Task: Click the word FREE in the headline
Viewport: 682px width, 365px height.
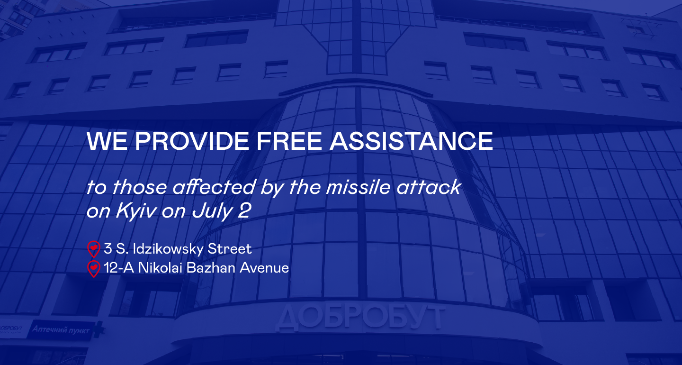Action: click(x=289, y=141)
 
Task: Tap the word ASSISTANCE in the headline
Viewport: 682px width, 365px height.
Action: click(x=411, y=141)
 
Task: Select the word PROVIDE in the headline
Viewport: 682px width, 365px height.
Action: click(x=192, y=141)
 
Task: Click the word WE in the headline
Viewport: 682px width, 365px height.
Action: click(x=107, y=141)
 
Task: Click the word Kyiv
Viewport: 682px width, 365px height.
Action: click(x=136, y=211)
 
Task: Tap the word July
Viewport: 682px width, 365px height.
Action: click(x=212, y=211)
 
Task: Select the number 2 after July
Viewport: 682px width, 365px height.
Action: click(x=244, y=210)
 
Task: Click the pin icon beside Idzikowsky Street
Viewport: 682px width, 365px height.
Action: click(x=94, y=249)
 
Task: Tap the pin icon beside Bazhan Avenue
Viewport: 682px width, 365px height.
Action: click(x=94, y=269)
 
